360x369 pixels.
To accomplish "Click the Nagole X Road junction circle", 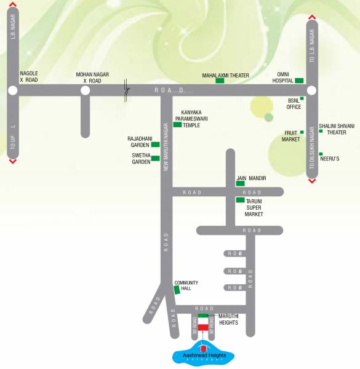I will point(12,90).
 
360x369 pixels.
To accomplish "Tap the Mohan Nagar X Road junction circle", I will point(85,90).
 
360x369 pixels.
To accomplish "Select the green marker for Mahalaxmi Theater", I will point(220,81).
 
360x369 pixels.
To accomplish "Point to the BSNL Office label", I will point(294,103).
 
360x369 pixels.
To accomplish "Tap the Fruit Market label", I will point(290,136).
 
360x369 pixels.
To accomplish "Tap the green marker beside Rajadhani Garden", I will point(155,145).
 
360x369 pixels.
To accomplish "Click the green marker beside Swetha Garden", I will point(155,158).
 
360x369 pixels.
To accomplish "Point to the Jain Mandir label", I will point(251,178).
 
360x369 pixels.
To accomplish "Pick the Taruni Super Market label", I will point(254,207).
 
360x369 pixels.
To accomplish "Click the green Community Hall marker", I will point(177,289).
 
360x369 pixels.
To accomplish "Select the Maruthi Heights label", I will point(228,319).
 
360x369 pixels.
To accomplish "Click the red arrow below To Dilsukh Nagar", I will point(311,181).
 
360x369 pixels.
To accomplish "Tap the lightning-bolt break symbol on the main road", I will point(127,90).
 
